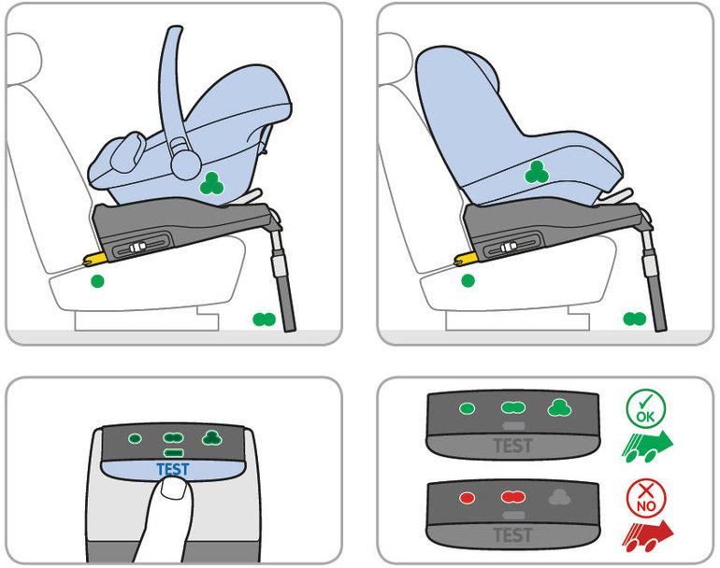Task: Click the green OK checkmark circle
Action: [645, 409]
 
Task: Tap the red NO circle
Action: [645, 499]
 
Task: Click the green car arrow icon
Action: [647, 447]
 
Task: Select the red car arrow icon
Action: [647, 536]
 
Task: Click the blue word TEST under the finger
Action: [173, 469]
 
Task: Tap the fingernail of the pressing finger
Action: [175, 488]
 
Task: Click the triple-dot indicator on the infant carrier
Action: [211, 183]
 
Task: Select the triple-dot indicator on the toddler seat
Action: [537, 173]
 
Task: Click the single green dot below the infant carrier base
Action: [97, 281]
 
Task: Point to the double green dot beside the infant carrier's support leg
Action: [264, 319]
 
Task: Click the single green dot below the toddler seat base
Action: [468, 281]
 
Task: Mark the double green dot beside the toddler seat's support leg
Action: [635, 319]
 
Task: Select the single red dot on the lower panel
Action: [467, 498]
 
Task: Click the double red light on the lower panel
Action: [513, 497]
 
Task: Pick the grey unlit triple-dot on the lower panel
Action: [560, 497]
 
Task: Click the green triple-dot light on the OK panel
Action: [560, 407]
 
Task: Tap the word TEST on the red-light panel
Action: [513, 535]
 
